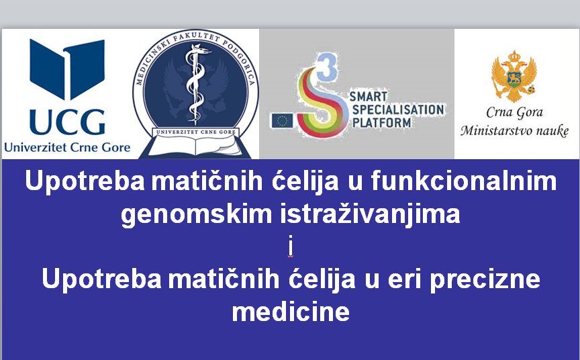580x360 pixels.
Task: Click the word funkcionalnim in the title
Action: click(x=464, y=181)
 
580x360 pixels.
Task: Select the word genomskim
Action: click(x=197, y=215)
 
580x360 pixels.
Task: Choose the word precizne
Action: click(x=485, y=279)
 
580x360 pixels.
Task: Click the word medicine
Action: click(x=291, y=311)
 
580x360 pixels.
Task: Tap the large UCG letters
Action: click(x=67, y=122)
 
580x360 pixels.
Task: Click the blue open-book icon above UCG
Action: click(x=67, y=69)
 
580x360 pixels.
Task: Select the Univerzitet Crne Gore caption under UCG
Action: click(x=67, y=148)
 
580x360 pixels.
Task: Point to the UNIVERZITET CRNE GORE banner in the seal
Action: click(x=195, y=132)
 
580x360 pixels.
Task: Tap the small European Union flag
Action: click(x=282, y=121)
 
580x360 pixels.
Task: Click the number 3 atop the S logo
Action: click(x=327, y=66)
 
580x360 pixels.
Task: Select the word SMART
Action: click(x=369, y=97)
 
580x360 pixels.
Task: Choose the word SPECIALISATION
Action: click(x=398, y=109)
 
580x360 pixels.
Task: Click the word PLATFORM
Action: click(x=381, y=122)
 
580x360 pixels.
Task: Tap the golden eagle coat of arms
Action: click(x=514, y=77)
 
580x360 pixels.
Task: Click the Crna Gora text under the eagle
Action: click(x=514, y=112)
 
